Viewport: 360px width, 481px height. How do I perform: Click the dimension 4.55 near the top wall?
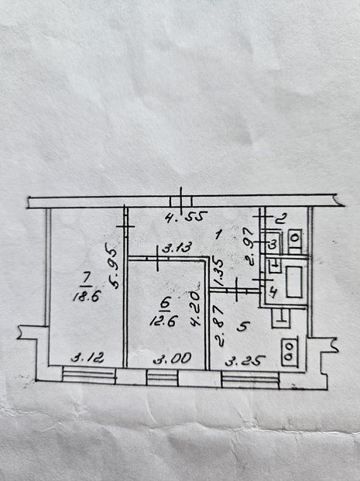pyautogui.click(x=184, y=218)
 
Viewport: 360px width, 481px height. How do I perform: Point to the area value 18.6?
pyautogui.click(x=87, y=297)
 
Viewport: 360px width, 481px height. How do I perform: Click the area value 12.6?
pyautogui.click(x=163, y=321)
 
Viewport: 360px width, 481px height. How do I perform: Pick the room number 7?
pyautogui.click(x=86, y=279)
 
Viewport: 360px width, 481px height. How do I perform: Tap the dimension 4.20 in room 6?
pyautogui.click(x=196, y=308)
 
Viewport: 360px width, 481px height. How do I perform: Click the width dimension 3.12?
pyautogui.click(x=87, y=358)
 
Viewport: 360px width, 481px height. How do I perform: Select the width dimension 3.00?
pyautogui.click(x=173, y=358)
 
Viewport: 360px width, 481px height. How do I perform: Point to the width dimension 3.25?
pyautogui.click(x=245, y=360)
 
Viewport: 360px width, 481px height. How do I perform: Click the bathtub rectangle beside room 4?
pyautogui.click(x=294, y=282)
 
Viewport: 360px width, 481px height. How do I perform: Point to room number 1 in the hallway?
pyautogui.click(x=218, y=235)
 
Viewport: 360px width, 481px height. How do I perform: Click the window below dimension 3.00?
pyautogui.click(x=163, y=377)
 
